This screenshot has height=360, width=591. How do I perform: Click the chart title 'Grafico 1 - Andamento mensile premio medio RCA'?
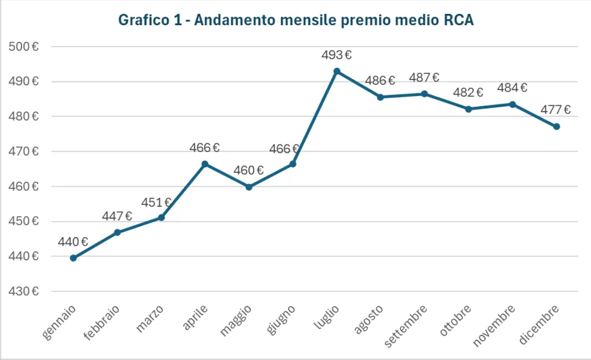pyautogui.click(x=295, y=20)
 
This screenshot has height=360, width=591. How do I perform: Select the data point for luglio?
pyautogui.click(x=337, y=71)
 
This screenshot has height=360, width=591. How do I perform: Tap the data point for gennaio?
pyautogui.click(x=73, y=258)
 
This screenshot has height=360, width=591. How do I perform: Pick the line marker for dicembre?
pyautogui.click(x=557, y=127)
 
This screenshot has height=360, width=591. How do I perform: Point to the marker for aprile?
pyautogui.click(x=205, y=164)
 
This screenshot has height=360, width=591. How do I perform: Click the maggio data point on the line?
pyautogui.click(x=249, y=187)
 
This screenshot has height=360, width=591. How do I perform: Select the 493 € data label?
pyautogui.click(x=337, y=55)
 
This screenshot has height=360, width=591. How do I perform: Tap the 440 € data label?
pyautogui.click(x=73, y=242)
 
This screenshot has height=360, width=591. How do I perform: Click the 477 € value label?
pyautogui.click(x=556, y=110)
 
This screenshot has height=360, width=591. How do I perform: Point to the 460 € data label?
pyautogui.click(x=249, y=171)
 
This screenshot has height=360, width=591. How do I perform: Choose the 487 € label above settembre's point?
pyautogui.click(x=424, y=78)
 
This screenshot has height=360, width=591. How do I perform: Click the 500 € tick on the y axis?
pyautogui.click(x=24, y=47)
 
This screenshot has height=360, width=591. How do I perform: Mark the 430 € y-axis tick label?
pyautogui.click(x=24, y=291)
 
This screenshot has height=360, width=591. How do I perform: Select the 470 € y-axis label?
pyautogui.click(x=24, y=151)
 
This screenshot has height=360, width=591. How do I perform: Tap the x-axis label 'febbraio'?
pyautogui.click(x=102, y=322)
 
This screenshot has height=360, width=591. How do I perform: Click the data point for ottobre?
pyautogui.click(x=468, y=109)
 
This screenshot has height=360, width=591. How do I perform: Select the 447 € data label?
pyautogui.click(x=117, y=216)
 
